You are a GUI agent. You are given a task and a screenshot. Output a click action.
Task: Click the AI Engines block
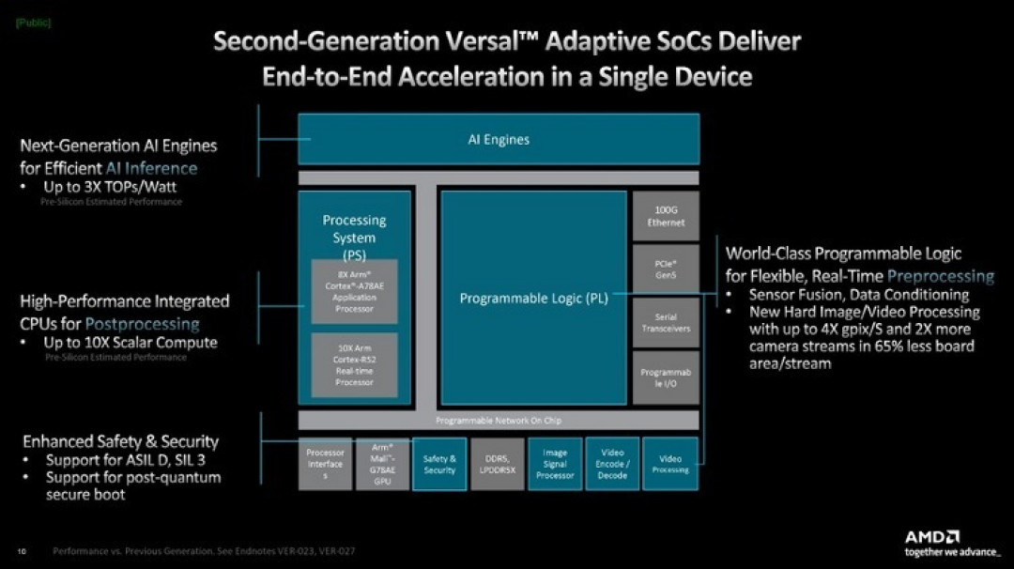coord(498,139)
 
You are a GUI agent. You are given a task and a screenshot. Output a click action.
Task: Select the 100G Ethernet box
coord(666,217)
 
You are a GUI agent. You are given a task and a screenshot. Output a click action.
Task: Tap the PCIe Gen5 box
coord(666,269)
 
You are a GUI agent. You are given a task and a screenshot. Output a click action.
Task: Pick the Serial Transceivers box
coord(666,323)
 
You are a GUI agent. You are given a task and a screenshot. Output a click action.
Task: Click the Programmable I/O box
coord(666,377)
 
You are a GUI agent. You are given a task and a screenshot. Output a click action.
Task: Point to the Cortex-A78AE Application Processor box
coord(354,291)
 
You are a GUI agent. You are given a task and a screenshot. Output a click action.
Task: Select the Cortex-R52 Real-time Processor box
coord(354,365)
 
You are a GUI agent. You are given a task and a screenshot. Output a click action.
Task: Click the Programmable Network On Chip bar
coord(498,420)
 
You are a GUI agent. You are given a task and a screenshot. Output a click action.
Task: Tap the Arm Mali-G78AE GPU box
coord(382,464)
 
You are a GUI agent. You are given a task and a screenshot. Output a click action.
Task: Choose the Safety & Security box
coord(439,464)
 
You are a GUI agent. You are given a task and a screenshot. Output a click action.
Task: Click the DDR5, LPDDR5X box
coord(497,464)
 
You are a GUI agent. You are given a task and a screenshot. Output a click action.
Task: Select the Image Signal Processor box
coord(555,464)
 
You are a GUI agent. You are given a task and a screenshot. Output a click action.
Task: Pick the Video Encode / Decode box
coord(612,464)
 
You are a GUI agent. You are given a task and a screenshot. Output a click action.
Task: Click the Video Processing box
coord(670,464)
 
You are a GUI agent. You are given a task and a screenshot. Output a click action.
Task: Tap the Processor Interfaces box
coord(325,464)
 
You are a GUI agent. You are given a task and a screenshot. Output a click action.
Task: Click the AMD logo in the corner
coord(931,536)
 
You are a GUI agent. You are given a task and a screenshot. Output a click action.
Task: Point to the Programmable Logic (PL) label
coord(533,299)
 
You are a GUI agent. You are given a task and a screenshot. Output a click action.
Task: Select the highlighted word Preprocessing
coord(940,276)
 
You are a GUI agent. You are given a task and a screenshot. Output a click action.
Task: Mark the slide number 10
coord(21,551)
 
